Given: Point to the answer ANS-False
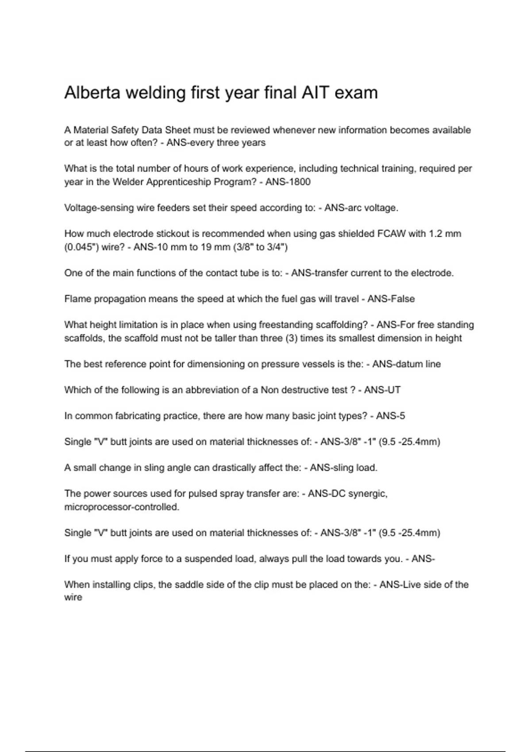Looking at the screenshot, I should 391,299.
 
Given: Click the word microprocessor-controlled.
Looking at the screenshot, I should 122,507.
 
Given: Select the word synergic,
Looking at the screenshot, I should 368,494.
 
